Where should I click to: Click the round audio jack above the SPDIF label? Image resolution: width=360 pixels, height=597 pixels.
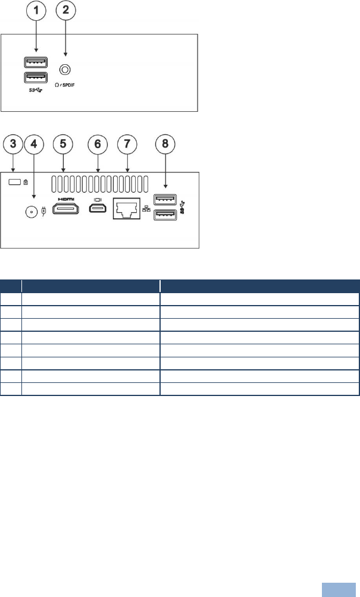click(67, 68)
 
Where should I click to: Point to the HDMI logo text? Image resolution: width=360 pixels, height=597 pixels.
click(65, 199)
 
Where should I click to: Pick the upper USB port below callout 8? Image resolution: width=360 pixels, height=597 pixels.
click(165, 199)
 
